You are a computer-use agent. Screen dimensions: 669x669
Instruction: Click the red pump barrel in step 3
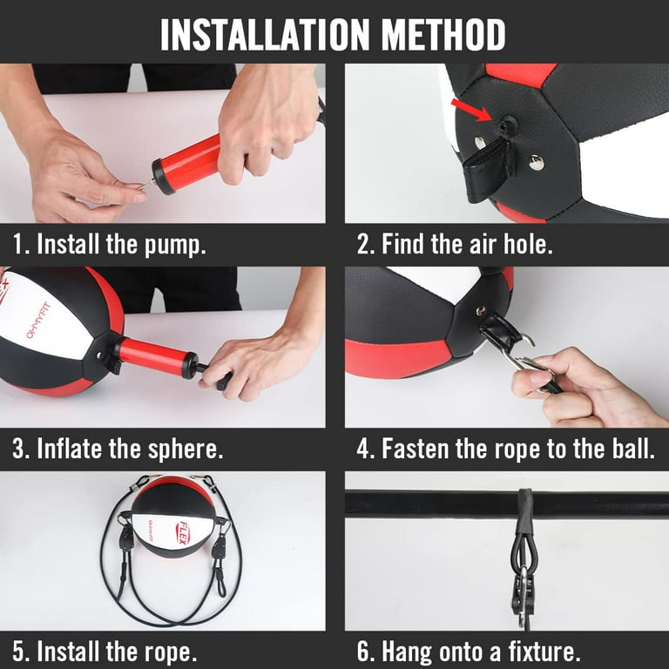tap(153, 357)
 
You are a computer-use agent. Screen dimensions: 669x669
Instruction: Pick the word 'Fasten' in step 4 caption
tap(430, 450)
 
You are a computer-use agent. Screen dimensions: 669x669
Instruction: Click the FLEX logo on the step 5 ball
tap(184, 532)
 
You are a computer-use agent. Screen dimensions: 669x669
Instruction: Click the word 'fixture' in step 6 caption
tap(544, 652)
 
